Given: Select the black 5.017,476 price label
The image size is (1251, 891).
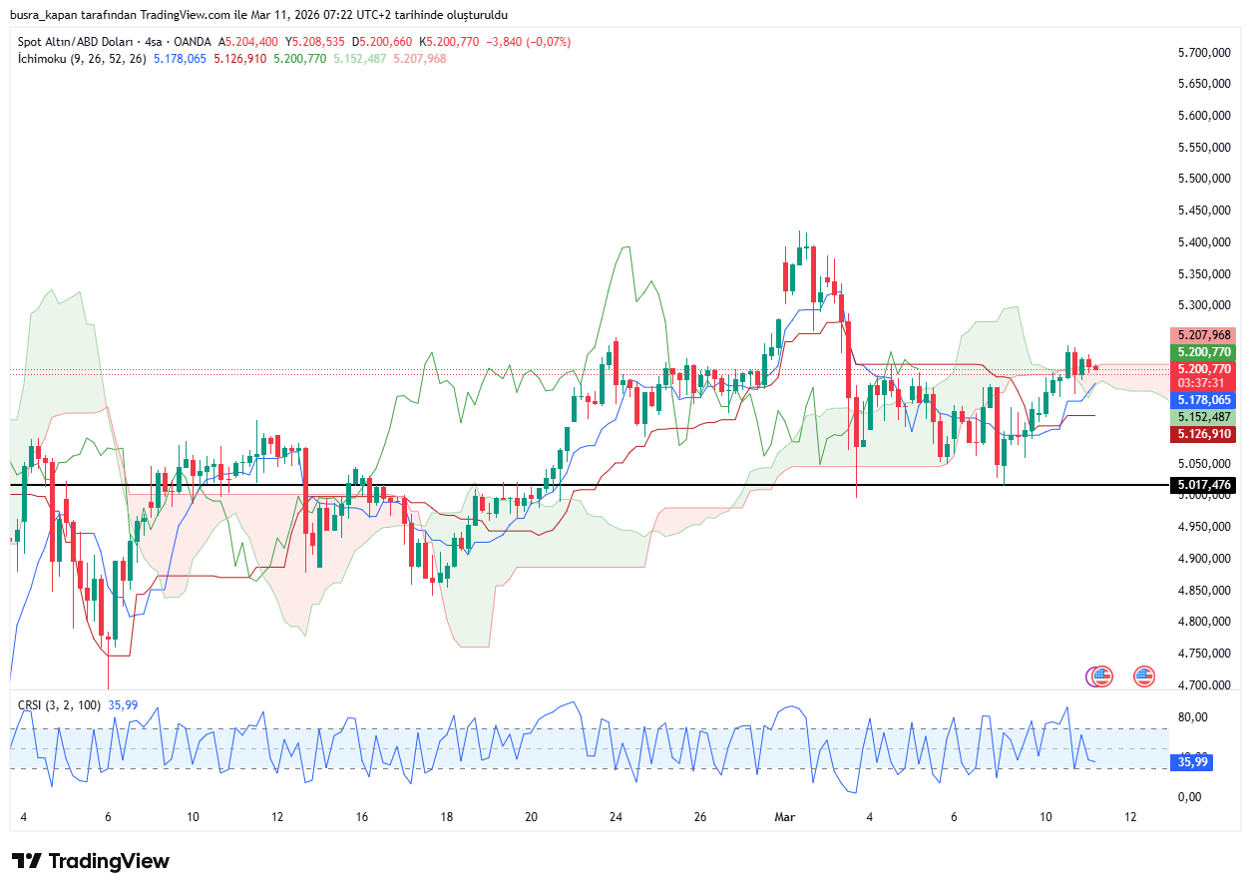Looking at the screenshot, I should [1205, 485].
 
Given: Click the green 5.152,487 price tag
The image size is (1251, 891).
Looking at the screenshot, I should [1205, 417].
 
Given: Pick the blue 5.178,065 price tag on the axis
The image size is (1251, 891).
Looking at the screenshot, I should [1205, 400].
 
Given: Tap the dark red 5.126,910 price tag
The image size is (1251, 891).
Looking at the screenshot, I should [1205, 434].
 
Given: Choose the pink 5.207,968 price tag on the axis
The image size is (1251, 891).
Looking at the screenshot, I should [1205, 335].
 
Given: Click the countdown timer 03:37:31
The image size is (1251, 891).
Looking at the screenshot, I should [1205, 383].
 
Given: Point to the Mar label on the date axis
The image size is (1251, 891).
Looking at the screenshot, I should [785, 816].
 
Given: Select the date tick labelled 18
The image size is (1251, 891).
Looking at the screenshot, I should [447, 816].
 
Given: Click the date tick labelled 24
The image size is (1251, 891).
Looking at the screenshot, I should [616, 816].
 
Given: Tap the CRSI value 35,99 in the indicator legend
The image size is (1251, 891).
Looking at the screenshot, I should [123, 705].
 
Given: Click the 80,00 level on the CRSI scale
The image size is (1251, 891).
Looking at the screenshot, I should [1193, 717].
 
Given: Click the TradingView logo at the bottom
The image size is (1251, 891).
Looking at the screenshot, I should [91, 861].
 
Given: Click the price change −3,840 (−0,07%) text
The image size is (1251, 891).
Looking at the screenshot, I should [534, 42].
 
